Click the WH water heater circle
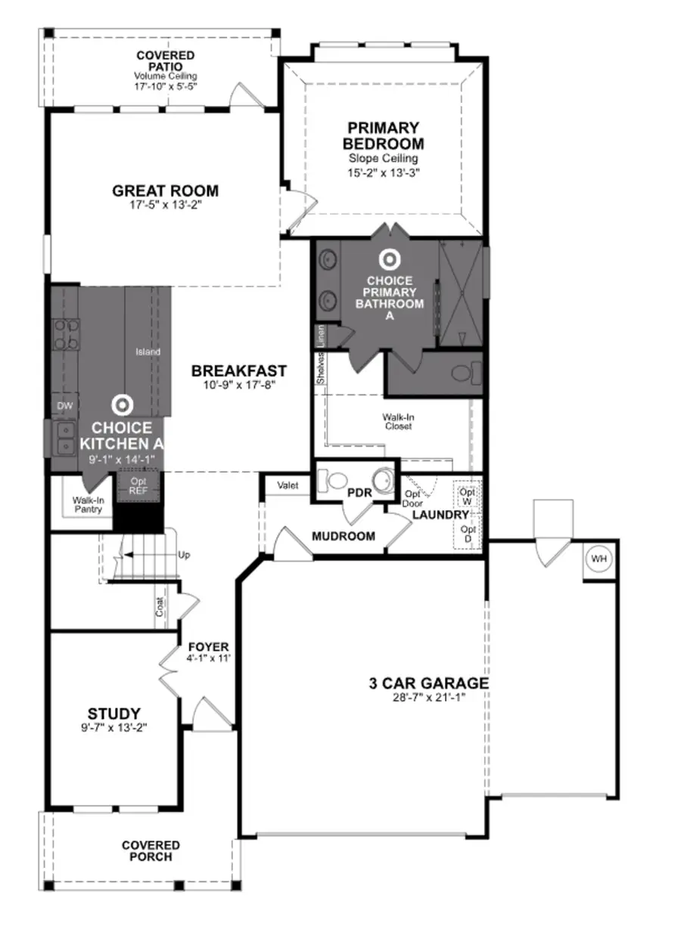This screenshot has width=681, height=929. click(599, 559)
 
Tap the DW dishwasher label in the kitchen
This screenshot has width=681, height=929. click(65, 406)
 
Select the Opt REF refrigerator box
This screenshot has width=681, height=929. click(138, 486)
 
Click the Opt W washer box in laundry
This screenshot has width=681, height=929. click(467, 496)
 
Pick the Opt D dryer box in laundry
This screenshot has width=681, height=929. click(468, 534)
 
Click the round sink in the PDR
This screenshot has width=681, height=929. click(385, 480)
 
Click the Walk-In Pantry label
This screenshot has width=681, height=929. click(88, 505)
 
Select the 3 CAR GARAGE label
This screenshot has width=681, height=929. click(428, 683)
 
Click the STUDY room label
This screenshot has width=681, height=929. click(113, 713)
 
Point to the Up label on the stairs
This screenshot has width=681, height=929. click(184, 555)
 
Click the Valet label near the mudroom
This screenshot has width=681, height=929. click(288, 485)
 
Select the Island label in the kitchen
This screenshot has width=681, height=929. click(148, 351)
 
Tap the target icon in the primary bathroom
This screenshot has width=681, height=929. click(389, 259)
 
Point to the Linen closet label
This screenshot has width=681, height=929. click(321, 335)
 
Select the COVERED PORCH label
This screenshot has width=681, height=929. click(151, 850)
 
